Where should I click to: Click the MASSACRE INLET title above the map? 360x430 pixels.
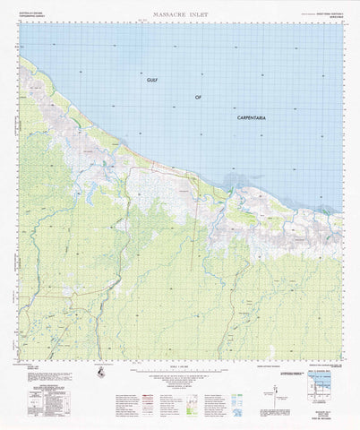pyautogui.click(x=179, y=14)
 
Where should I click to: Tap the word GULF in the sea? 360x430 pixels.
pyautogui.click(x=157, y=80)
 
